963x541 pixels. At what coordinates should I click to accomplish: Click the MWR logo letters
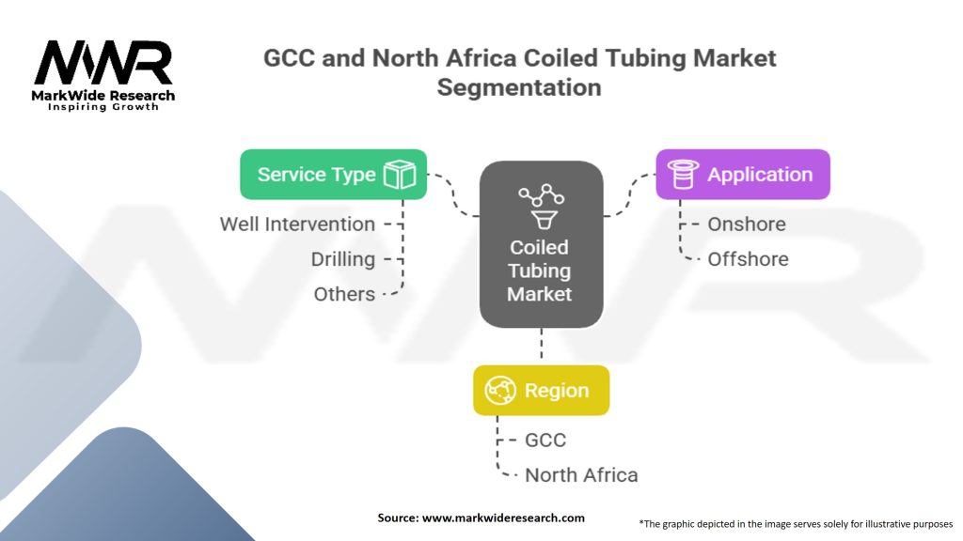pos(103,63)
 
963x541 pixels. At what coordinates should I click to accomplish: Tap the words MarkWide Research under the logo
pos(103,96)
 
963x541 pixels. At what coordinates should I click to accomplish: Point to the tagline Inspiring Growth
pos(103,108)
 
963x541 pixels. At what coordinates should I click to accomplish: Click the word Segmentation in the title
pos(519,87)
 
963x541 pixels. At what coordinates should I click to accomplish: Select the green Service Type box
pos(333,175)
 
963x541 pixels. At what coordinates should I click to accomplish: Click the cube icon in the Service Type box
pos(400,175)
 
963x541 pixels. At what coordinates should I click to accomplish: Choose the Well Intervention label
pos(297,224)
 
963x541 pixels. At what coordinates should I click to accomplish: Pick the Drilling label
pos(343,259)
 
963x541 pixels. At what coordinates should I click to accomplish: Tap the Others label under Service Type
pos(344,294)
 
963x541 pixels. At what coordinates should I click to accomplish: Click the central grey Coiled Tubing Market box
pos(540,244)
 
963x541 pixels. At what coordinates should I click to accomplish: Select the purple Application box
pos(742,174)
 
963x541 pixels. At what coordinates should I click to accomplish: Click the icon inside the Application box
pos(682,174)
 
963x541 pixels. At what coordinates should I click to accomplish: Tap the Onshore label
pos(747,224)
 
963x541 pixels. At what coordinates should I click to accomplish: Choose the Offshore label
pos(748,259)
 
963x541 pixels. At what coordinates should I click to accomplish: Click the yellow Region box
pos(541,391)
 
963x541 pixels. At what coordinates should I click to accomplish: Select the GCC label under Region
pos(545,440)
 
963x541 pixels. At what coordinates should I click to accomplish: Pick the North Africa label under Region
pos(581,474)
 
